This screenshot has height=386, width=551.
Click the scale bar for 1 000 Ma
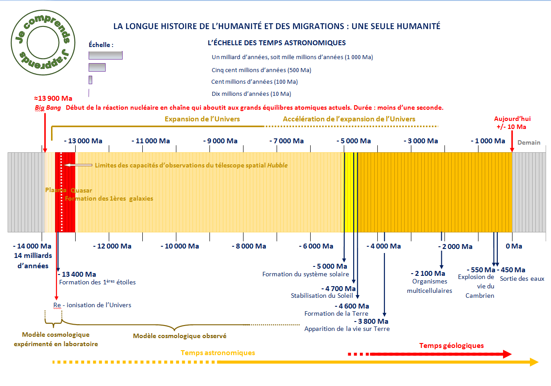coord(105,55)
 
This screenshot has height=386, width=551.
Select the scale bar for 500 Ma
coord(97,67)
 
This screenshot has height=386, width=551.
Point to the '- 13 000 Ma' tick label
coord(83,141)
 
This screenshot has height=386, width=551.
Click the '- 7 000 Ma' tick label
coord(287,141)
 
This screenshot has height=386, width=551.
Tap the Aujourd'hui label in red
coord(512,119)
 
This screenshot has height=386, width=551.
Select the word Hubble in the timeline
coord(278,165)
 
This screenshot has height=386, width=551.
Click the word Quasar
coord(81,190)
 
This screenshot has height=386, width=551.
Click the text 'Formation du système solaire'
coord(305,274)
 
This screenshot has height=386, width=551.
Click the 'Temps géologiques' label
coord(451,345)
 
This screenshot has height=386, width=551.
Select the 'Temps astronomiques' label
coord(218,352)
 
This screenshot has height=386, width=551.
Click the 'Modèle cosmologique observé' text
coord(179,336)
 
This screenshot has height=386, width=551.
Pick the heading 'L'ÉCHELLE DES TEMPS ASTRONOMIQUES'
coord(277,43)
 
